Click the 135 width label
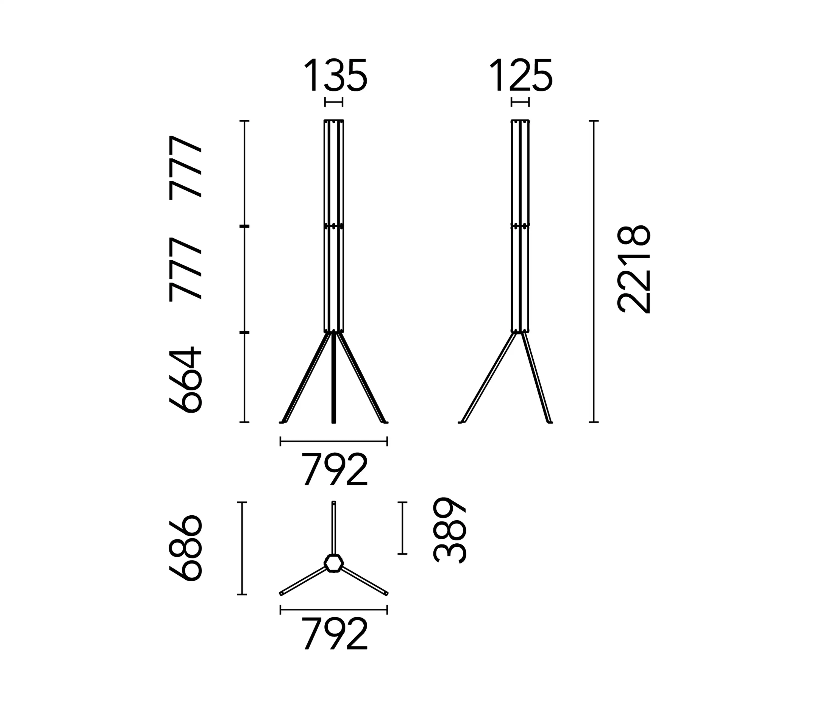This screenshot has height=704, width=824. (x=335, y=75)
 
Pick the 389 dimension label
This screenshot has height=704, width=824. (x=449, y=530)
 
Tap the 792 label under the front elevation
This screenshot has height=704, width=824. (x=335, y=470)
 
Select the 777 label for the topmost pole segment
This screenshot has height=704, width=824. (x=186, y=167)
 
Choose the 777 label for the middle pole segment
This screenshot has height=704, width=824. (x=186, y=269)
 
